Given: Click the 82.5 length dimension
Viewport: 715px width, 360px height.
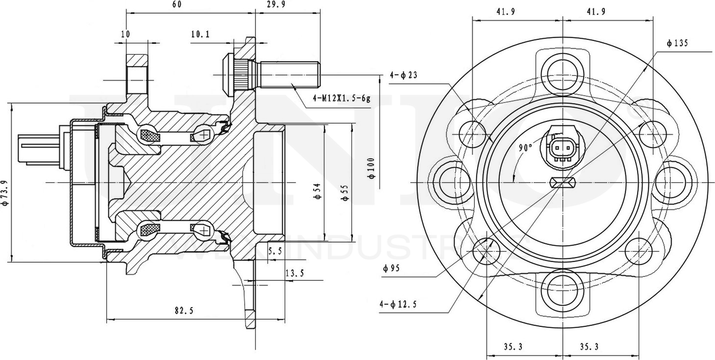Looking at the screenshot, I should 184,310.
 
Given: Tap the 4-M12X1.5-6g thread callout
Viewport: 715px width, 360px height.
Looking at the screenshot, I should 342,98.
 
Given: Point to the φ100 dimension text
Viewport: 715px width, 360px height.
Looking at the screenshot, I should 371,169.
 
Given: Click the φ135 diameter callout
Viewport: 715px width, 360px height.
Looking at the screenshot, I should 678,43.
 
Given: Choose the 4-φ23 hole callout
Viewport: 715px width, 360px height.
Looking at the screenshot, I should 404,74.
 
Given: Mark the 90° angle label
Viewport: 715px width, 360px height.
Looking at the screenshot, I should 525,146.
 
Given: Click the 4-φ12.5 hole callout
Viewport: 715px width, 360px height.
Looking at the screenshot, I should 398,305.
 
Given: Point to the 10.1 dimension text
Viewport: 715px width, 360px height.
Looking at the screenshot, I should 200,34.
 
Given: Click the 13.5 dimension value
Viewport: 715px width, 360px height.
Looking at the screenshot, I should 294,274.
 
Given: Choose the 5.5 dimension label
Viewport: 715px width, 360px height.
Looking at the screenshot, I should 274,251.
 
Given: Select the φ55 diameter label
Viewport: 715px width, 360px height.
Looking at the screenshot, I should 344,193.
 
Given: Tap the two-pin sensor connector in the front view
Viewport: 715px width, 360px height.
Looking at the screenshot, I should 562,150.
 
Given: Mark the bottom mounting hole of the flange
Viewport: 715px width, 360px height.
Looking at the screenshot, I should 562,291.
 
